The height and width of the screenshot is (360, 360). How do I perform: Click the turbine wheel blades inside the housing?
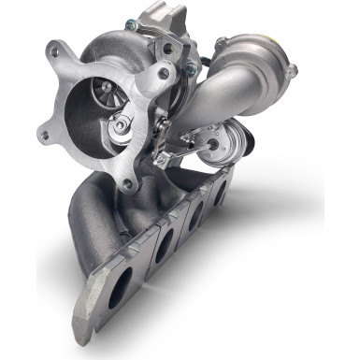106,93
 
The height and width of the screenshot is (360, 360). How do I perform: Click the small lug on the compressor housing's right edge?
292,71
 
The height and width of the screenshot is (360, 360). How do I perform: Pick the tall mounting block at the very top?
164,17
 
